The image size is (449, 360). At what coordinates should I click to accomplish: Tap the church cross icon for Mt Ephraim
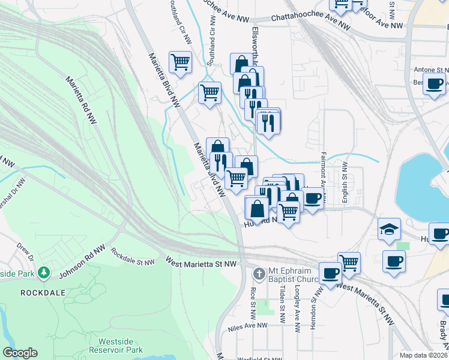(259, 274)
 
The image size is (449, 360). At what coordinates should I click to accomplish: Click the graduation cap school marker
(389, 229)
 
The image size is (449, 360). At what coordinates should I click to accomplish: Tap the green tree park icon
(43, 273)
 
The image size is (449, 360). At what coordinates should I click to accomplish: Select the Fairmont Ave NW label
(323, 174)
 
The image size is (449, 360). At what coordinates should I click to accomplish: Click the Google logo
(20, 353)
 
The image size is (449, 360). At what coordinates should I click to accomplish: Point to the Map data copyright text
(423, 355)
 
